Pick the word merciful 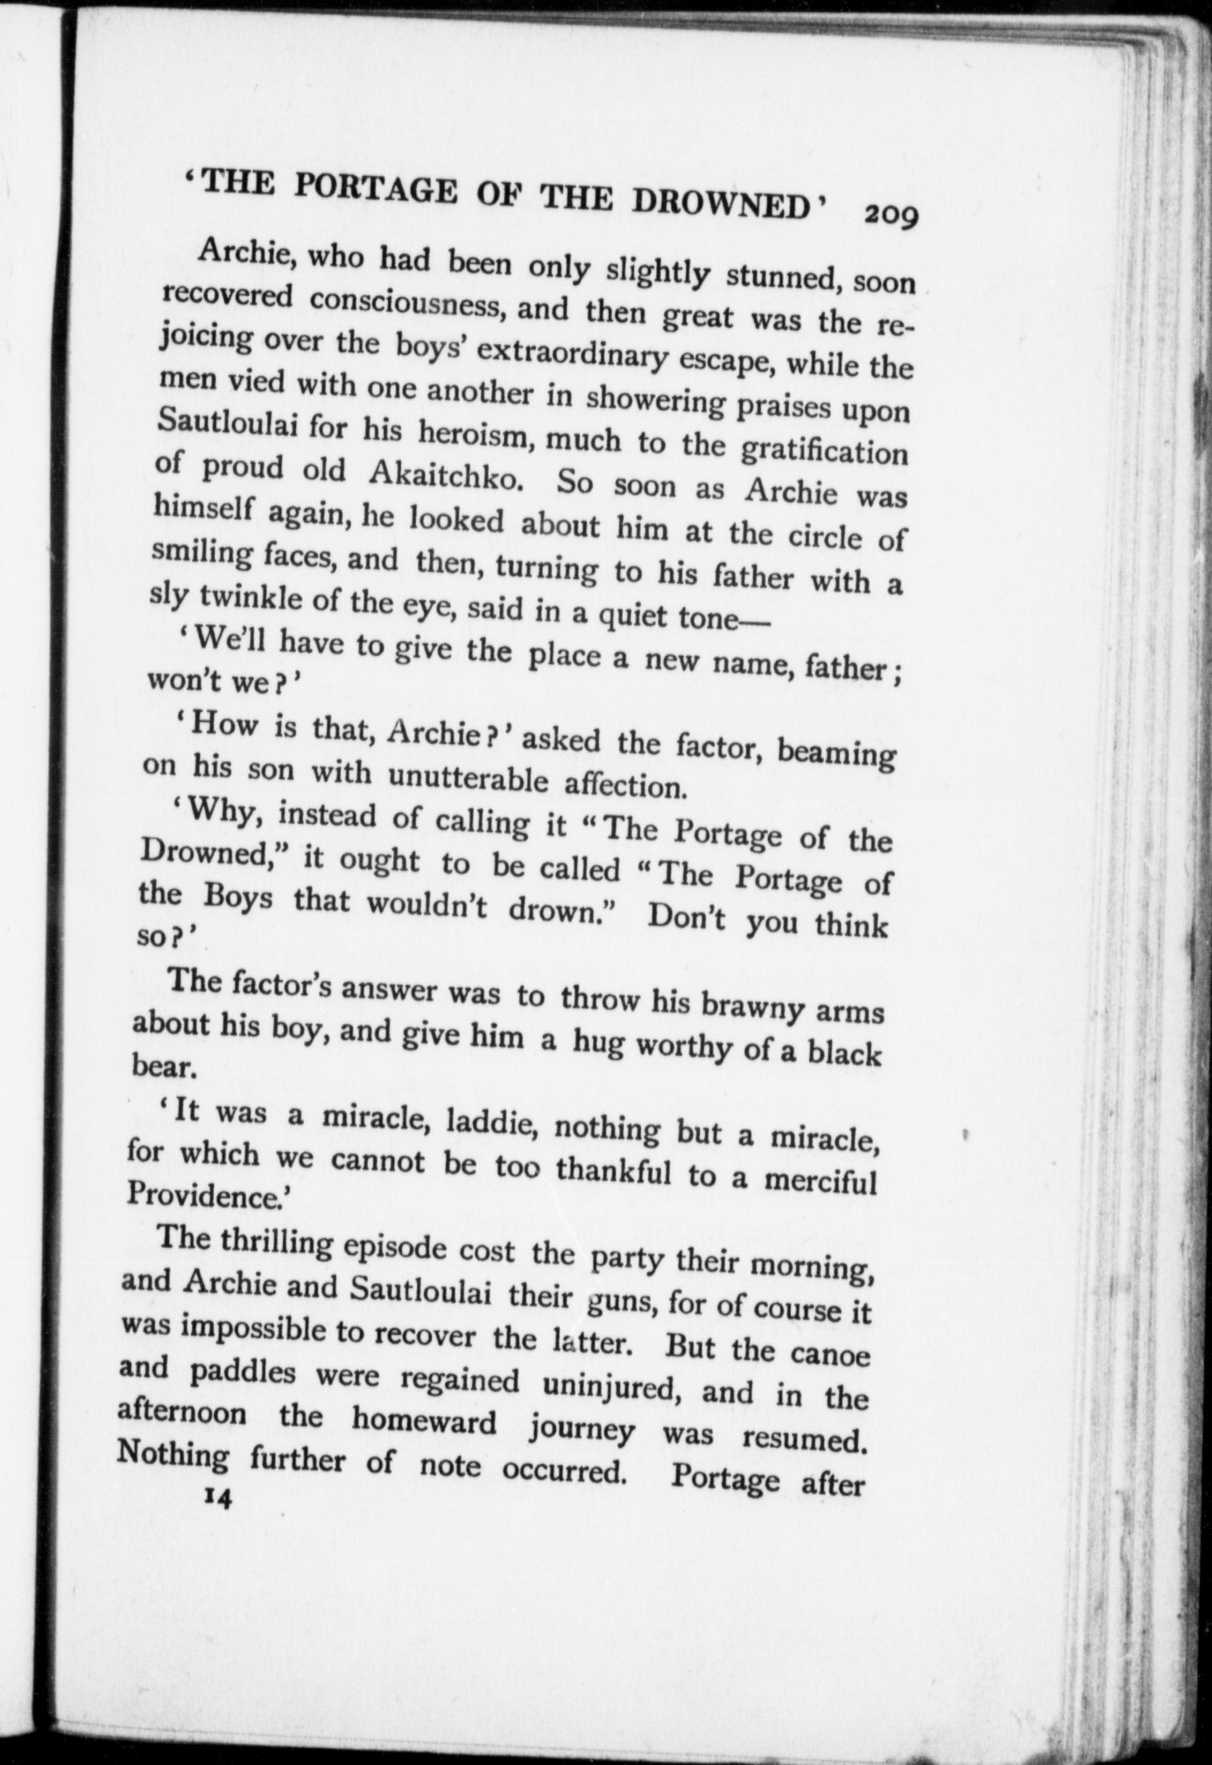pos(820,1182)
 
